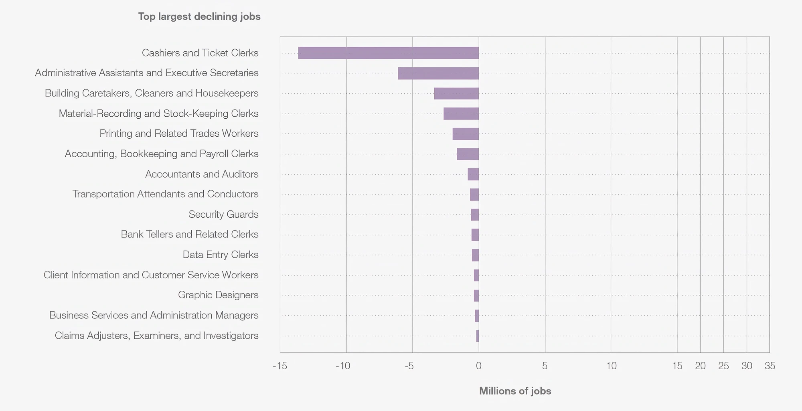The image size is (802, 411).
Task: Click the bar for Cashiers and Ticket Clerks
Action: [x=389, y=53]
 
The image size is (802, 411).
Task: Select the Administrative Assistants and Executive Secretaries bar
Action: [x=438, y=73]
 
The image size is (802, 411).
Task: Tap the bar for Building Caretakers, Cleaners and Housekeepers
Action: [x=456, y=93]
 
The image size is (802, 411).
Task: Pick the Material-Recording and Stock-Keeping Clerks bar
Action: [x=461, y=113]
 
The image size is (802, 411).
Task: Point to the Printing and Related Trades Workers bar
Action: [x=466, y=134]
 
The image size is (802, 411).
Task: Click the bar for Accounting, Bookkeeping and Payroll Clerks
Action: [x=468, y=154]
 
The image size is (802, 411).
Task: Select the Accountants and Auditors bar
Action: [x=473, y=174]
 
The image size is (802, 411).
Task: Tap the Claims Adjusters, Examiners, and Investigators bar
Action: [x=478, y=336]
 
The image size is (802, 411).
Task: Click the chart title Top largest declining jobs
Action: [x=199, y=16]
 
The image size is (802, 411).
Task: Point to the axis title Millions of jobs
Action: [x=515, y=391]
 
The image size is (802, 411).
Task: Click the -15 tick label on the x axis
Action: [x=279, y=366]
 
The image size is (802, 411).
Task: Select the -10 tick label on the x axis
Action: [x=343, y=366]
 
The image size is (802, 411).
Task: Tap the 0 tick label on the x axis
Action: [x=479, y=366]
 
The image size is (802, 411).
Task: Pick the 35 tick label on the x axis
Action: [x=770, y=366]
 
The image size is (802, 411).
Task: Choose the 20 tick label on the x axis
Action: [x=701, y=366]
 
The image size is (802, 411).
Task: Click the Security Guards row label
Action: [x=223, y=215]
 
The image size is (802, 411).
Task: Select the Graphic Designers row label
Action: [x=218, y=295]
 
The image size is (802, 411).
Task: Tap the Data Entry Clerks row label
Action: [x=221, y=255]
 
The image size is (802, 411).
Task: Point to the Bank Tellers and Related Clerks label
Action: [x=190, y=234]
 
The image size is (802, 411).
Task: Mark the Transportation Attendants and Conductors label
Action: [x=165, y=194]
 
